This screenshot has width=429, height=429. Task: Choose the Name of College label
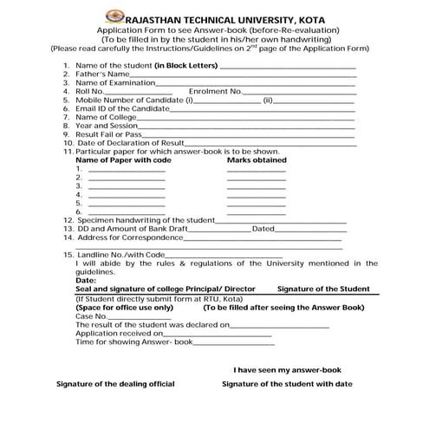(x=106, y=117)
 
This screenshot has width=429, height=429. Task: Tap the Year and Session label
(x=107, y=126)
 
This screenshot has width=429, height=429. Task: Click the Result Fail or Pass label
(x=109, y=134)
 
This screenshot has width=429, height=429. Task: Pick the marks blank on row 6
(x=256, y=212)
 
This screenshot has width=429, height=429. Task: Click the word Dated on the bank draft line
(x=263, y=229)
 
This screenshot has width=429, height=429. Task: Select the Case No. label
(x=90, y=316)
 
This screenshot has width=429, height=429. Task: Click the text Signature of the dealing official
(x=115, y=383)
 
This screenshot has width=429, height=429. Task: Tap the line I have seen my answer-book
(x=288, y=368)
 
